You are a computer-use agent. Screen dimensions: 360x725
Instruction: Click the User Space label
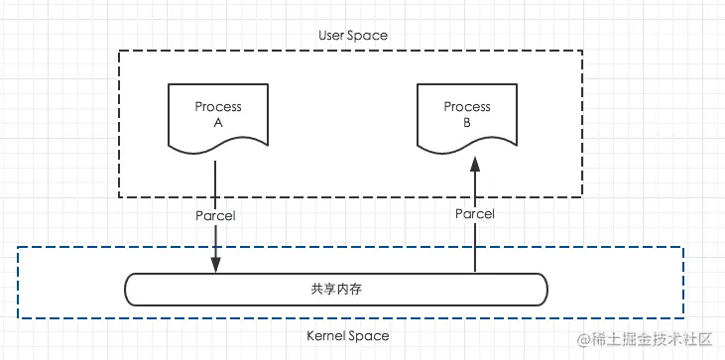coord(352,35)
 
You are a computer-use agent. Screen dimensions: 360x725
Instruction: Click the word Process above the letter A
coord(217,106)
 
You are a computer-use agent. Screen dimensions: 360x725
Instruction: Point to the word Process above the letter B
coord(466,106)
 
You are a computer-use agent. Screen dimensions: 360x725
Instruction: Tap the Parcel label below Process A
coord(215,213)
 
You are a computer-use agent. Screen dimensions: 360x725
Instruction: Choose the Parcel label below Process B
coord(475,213)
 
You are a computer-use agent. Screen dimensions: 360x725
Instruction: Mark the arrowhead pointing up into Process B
coord(475,165)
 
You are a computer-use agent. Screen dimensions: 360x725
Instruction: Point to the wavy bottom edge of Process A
coord(217,151)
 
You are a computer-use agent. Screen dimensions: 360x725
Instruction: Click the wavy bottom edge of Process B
coord(466,151)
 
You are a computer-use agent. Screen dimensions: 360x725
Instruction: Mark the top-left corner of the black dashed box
coord(119,51)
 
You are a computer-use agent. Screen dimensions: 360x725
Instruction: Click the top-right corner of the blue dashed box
coord(683,248)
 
